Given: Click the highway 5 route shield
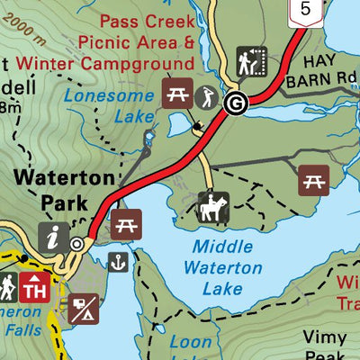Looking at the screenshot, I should point(307,9).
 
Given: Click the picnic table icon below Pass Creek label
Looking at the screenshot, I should point(174,93).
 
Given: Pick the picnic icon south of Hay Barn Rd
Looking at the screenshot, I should point(313,179).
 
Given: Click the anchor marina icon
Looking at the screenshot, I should point(116,262).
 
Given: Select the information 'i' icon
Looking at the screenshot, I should point(51,238).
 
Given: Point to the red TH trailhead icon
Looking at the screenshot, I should point(34,289).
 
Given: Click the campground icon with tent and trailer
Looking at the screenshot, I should point(83,310).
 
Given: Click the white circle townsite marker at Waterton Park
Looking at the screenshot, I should point(77,243).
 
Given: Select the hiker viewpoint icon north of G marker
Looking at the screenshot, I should point(249,61).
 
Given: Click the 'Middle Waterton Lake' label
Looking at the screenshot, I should point(222,267).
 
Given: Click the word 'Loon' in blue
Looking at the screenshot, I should point(191,342).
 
